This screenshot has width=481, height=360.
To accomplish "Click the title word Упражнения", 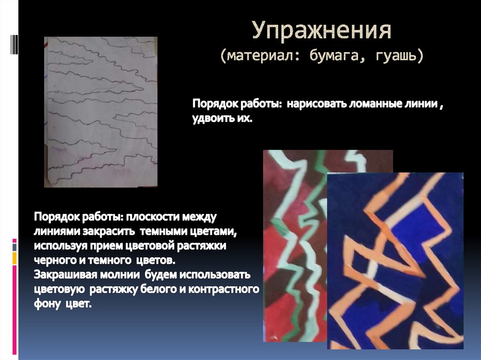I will (x=322, y=32).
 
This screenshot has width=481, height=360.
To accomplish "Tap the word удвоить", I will (x=210, y=119).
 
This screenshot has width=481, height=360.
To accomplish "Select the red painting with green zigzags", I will (x=294, y=244).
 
